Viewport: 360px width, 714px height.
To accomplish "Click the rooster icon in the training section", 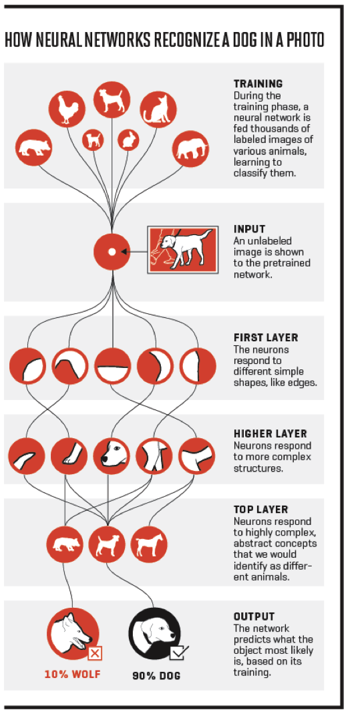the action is [67, 110].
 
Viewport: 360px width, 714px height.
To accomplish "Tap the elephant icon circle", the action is [191, 148].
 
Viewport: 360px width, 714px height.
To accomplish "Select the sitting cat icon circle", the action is [158, 110].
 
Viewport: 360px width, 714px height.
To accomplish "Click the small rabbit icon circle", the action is [128, 140].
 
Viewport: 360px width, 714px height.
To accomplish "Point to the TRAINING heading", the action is [258, 83].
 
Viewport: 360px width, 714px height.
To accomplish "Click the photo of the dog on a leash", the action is [183, 250].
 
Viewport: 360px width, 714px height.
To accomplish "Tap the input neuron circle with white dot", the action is [112, 252].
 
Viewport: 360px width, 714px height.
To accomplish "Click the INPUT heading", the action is [249, 228].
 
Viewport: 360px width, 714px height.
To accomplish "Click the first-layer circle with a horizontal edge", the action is [112, 366].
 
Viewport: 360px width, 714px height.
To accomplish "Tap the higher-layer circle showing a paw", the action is [69, 456].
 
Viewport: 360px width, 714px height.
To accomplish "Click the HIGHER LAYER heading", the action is [271, 433].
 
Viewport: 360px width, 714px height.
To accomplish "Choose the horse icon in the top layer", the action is [149, 544].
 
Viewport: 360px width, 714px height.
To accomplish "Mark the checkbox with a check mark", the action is [178, 653].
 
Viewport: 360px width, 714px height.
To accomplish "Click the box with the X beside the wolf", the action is [95, 654].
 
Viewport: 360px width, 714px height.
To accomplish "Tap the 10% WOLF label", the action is [72, 675].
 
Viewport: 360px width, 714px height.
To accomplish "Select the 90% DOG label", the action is [156, 675].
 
